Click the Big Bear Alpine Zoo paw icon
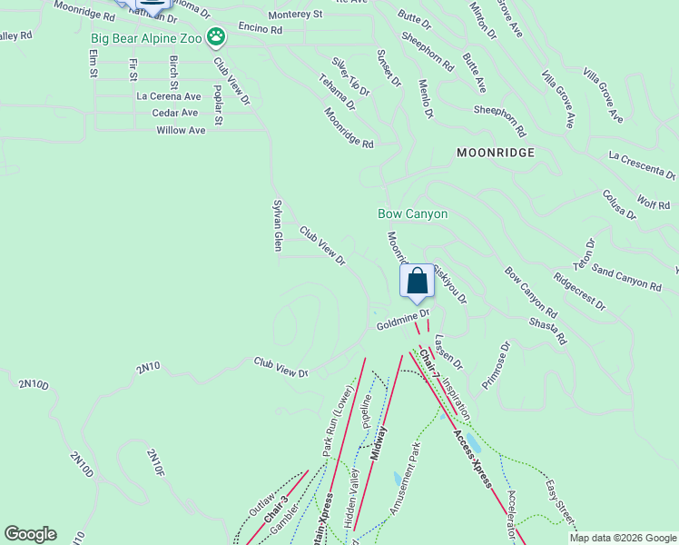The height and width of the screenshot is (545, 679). pos(216,37)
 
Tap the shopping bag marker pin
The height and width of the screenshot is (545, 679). pos(417,281)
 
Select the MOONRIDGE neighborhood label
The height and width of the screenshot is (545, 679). pos(496,153)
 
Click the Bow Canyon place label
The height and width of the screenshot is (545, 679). pos(413,213)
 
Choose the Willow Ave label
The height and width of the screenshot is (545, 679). pos(181,131)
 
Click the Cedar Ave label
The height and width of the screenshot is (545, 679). pos(175,113)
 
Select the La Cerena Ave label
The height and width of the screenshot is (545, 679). pos(168,95)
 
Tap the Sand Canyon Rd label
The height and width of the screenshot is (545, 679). pos(626,278)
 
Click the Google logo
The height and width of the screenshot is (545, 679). pos(30,534)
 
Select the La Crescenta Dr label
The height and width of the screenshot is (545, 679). pos(643,165)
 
